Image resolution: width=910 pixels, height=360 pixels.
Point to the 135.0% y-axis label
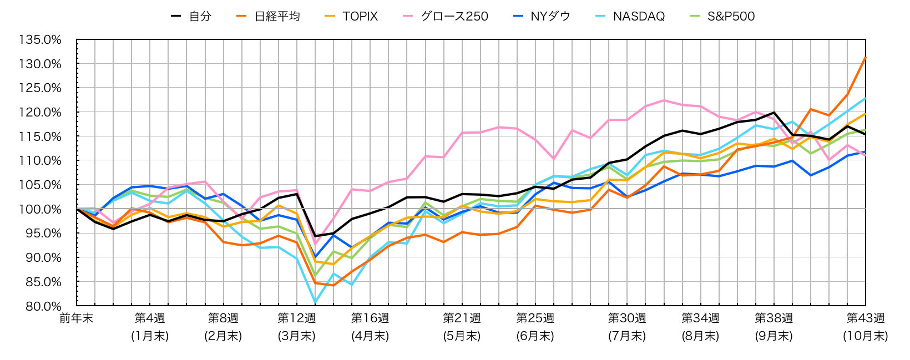click(x=40, y=40)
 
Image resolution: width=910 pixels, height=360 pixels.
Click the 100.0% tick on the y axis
click(x=40, y=209)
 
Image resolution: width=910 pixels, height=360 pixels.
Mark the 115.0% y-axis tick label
click(x=40, y=136)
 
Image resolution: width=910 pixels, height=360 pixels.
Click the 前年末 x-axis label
click(x=77, y=318)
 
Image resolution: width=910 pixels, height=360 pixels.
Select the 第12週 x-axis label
click(x=296, y=318)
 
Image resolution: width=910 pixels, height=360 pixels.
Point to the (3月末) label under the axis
click(x=296, y=336)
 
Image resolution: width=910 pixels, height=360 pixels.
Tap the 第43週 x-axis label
click(x=865, y=318)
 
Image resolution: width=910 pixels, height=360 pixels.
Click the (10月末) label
click(x=865, y=336)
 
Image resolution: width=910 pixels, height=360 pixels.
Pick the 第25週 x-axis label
click(x=535, y=318)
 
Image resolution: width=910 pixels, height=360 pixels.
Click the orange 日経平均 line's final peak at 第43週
click(x=865, y=57)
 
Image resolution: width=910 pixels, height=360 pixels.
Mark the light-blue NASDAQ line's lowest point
click(x=315, y=302)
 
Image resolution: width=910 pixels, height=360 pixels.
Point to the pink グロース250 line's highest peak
click(x=664, y=100)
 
